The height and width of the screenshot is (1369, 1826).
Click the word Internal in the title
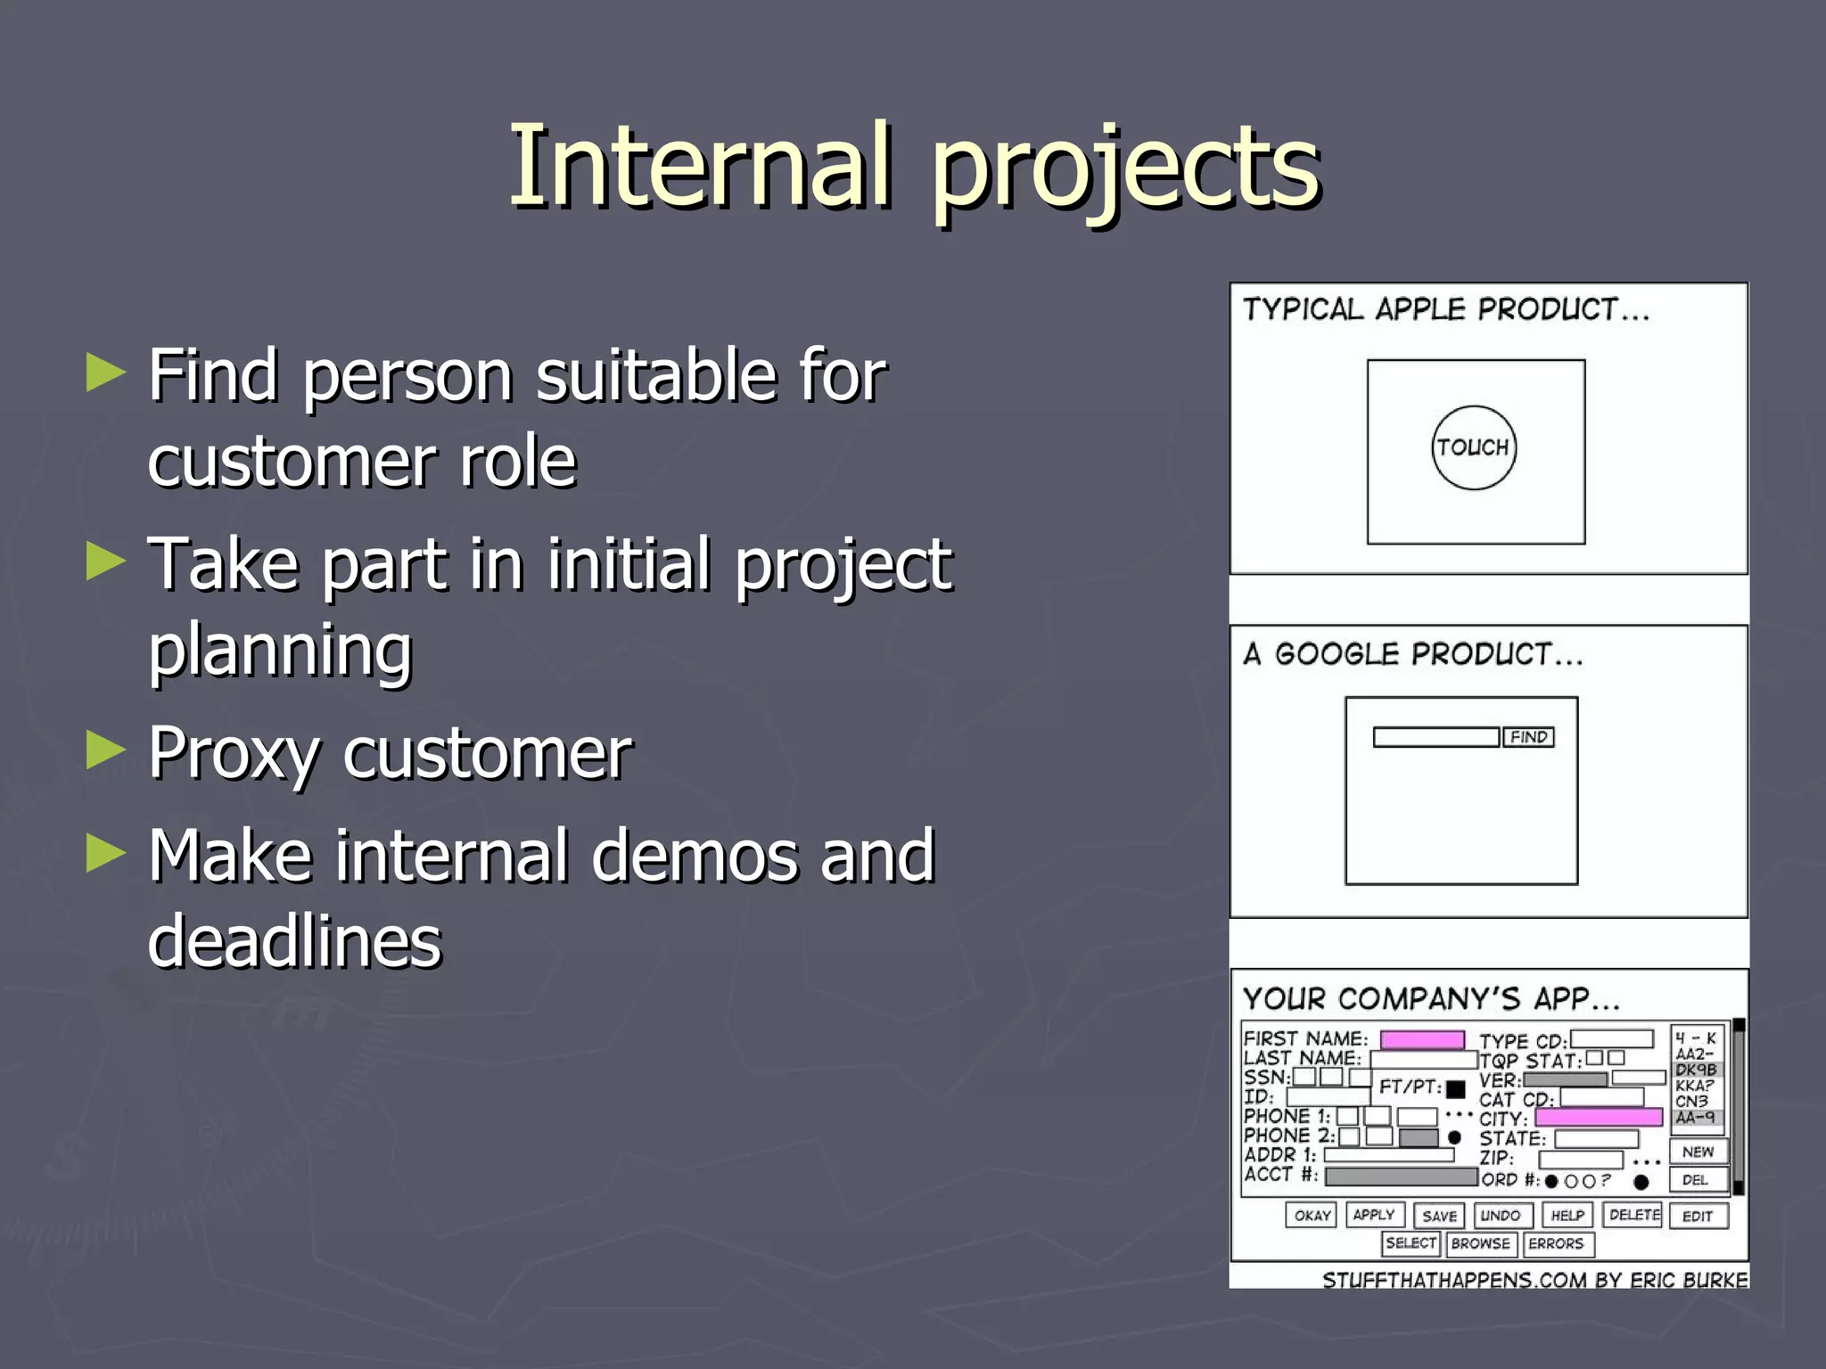[701, 166]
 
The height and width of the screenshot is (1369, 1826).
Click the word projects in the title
[1125, 169]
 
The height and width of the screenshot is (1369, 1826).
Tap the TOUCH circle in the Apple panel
[1474, 447]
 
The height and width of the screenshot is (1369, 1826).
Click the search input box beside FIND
[1435, 737]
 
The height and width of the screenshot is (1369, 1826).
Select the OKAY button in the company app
[1312, 1216]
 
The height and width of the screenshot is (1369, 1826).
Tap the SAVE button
[1439, 1216]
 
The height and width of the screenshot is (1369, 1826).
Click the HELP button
[1567, 1216]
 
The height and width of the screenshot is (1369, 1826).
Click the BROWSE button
[1480, 1243]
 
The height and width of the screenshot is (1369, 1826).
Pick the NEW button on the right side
[1698, 1152]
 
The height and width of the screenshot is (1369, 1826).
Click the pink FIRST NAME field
[1422, 1040]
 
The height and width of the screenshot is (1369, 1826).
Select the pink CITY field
[1599, 1118]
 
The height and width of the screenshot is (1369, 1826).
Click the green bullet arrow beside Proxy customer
[106, 750]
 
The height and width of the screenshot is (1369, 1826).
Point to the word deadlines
[295, 941]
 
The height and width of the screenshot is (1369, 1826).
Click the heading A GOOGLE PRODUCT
[1413, 654]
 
